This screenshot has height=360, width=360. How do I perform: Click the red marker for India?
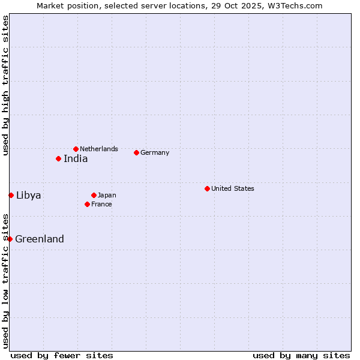pos(58,158)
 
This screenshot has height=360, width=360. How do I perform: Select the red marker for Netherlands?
pos(76,149)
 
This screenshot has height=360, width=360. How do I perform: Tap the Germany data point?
pos(136,152)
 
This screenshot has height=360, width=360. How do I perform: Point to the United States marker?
pos(207,188)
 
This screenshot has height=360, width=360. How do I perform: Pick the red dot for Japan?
pos(94,195)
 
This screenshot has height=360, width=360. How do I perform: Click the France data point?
pos(87,204)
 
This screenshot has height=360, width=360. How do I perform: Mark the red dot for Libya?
pos(11,195)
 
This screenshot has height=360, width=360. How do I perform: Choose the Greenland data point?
pos(10,239)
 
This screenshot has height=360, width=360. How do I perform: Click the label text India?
pos(76,159)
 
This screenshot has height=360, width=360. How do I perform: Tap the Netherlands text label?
pos(99,149)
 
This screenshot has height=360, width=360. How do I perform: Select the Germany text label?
pos(155,152)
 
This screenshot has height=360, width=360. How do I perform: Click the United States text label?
pos(233,188)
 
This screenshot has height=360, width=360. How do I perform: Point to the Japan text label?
pos(107,195)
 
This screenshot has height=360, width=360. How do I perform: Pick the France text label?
pos(101,204)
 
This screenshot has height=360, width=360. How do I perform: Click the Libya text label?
pos(29,195)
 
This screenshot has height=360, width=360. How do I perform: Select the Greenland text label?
pos(40,239)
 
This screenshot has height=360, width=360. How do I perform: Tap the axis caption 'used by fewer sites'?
pos(62,355)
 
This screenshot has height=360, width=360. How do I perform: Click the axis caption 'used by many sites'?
pos(301,355)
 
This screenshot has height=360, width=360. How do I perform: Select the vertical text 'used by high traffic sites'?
pos(5,85)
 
